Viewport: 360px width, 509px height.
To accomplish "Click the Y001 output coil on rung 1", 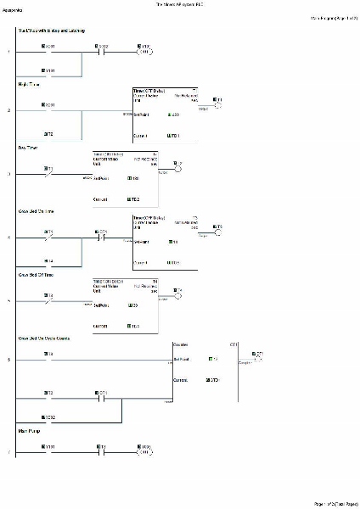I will tap(145, 51).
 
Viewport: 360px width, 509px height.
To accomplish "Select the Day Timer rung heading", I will tap(29, 147).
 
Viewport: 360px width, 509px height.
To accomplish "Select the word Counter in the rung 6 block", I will tap(181, 344).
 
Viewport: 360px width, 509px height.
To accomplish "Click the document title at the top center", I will tap(180, 4).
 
